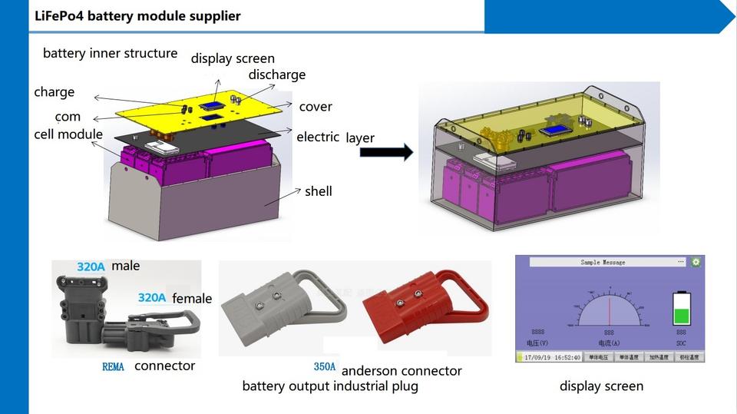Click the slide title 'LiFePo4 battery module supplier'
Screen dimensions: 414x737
[x=137, y=16]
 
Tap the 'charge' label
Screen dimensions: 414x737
[x=55, y=92]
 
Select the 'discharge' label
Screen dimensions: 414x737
[x=276, y=75]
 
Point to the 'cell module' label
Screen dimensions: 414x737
[x=68, y=134]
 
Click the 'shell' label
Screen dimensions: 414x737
[x=318, y=191]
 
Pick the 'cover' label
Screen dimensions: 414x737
[x=316, y=107]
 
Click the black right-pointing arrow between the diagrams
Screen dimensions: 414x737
[x=386, y=152]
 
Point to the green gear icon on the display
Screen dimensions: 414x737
[x=696, y=262]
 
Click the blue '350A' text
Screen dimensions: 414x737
[x=325, y=367]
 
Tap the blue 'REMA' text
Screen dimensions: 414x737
[x=113, y=367]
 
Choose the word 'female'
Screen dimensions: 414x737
[x=192, y=299]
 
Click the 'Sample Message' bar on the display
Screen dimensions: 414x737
[x=603, y=262]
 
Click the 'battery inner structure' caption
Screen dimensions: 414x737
[x=110, y=54]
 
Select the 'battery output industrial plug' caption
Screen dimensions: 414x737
[x=330, y=386]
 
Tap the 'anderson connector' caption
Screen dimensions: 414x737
[x=402, y=371]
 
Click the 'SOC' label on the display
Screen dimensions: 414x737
[x=681, y=343]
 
